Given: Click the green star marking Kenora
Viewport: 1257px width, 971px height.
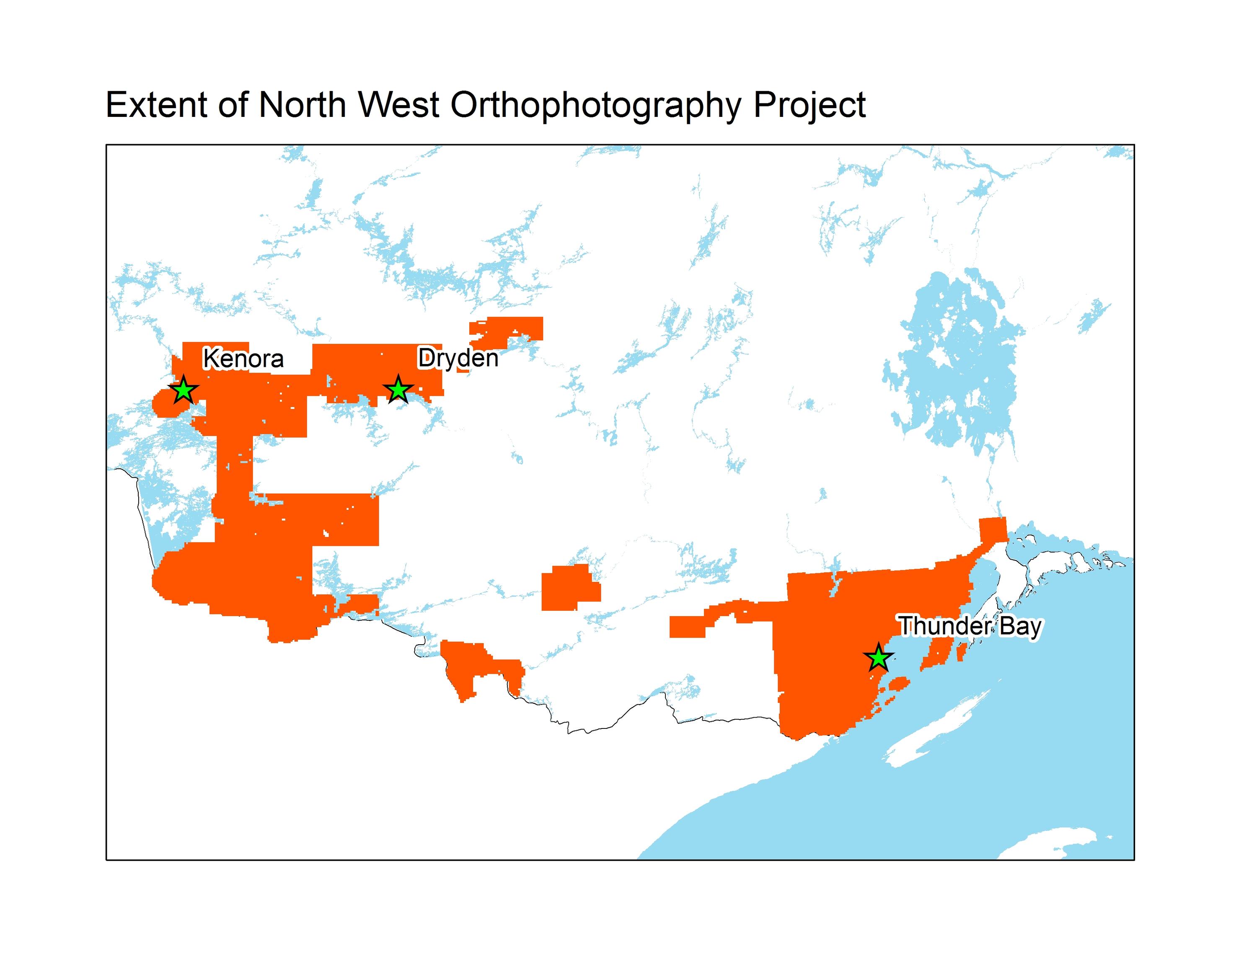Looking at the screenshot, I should (183, 390).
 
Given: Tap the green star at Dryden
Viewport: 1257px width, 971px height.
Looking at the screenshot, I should (398, 390).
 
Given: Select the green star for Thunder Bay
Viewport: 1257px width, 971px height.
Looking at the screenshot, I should (878, 658).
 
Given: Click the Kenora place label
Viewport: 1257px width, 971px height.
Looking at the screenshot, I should (243, 359).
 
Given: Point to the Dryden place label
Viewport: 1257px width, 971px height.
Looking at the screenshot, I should (458, 358).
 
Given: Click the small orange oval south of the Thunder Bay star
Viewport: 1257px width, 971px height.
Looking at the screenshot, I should (898, 683).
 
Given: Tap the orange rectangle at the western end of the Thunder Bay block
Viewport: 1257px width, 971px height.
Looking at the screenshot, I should (686, 626).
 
